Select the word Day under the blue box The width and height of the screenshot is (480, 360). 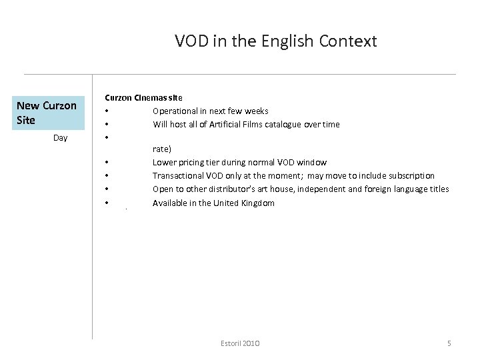tap(60, 138)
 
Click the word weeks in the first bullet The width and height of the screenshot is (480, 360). tap(255, 111)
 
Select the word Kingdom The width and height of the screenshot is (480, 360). tap(255, 203)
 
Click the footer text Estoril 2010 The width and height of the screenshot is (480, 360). tap(240, 343)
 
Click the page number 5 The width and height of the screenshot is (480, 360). tap(449, 343)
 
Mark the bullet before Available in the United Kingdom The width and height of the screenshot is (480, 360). tap(106, 203)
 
